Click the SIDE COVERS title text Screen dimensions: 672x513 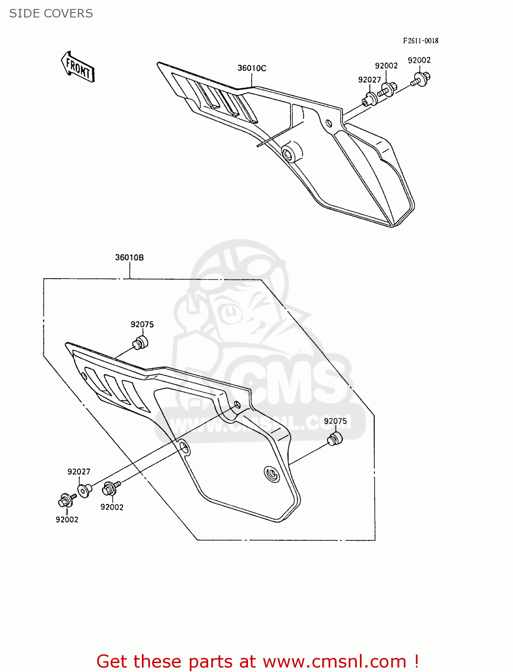click(x=51, y=13)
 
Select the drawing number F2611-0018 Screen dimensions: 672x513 click(x=420, y=41)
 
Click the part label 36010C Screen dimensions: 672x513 click(x=252, y=68)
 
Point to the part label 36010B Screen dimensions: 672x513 click(x=129, y=258)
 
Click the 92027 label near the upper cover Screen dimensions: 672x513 click(x=369, y=80)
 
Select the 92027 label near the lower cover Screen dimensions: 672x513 click(x=79, y=472)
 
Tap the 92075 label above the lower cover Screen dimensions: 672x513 click(x=142, y=324)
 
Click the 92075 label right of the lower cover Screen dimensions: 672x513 click(x=335, y=421)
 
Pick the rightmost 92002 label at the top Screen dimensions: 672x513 click(x=419, y=60)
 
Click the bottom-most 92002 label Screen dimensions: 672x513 click(x=67, y=520)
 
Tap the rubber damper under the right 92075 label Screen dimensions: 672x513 click(x=334, y=439)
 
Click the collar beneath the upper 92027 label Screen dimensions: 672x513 click(x=370, y=99)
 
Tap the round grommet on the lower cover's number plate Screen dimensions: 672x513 click(x=271, y=474)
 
